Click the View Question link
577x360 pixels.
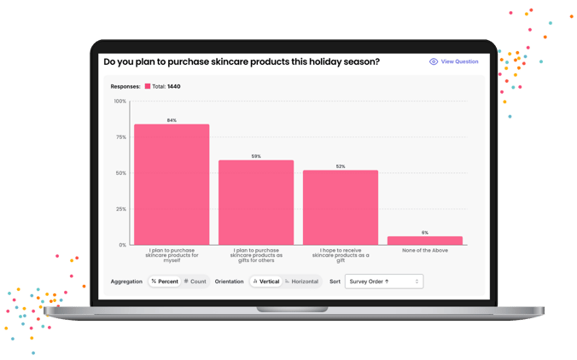pyautogui.click(x=459, y=61)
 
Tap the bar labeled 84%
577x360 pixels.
pyautogui.click(x=172, y=184)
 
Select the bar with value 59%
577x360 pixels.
pyautogui.click(x=256, y=202)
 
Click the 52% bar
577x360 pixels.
pyautogui.click(x=341, y=207)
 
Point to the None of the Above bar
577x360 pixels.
pyautogui.click(x=425, y=241)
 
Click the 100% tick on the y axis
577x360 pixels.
pyautogui.click(x=119, y=102)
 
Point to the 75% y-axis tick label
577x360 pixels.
pyautogui.click(x=120, y=137)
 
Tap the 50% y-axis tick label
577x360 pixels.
pyautogui.click(x=120, y=173)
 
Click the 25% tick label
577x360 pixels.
pyautogui.click(x=120, y=209)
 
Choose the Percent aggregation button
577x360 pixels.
pyautogui.click(x=165, y=282)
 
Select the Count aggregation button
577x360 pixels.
pyautogui.click(x=195, y=282)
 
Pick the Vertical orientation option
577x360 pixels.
pyautogui.click(x=265, y=282)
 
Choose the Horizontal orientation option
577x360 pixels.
pyautogui.click(x=301, y=282)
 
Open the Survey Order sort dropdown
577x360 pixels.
pyautogui.click(x=383, y=282)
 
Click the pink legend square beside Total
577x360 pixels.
pyautogui.click(x=148, y=86)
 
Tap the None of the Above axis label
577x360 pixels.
pyautogui.click(x=425, y=251)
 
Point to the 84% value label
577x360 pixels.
pyautogui.click(x=172, y=120)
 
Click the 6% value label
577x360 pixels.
pyautogui.click(x=425, y=233)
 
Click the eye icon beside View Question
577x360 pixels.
pyautogui.click(x=434, y=61)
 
